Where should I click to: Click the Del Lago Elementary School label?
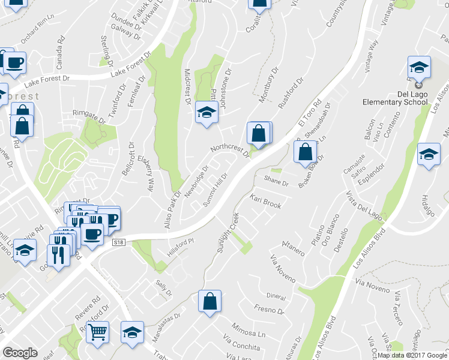click(x=399, y=98)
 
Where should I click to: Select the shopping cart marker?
click(x=97, y=331)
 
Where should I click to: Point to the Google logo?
click(x=20, y=353)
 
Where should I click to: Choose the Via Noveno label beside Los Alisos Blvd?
click(x=369, y=282)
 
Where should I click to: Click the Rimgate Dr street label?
click(x=89, y=112)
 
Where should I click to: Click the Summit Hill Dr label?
click(x=215, y=190)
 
